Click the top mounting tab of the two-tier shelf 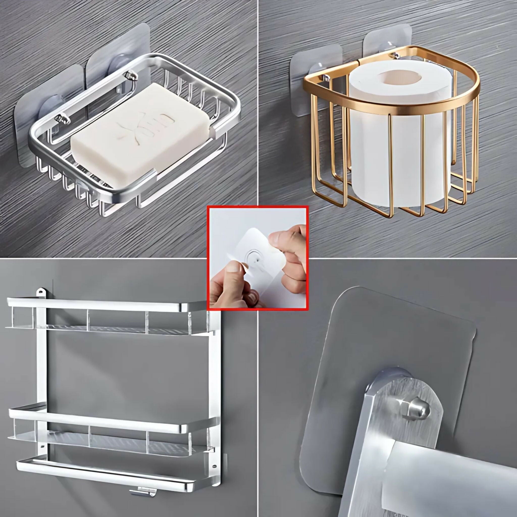click(x=41, y=292)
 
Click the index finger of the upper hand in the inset click(x=281, y=236)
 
